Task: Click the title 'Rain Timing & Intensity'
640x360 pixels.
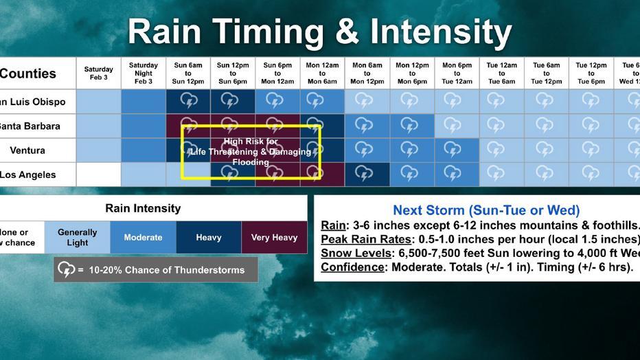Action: (x=319, y=32)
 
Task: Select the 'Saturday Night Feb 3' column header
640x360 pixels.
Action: (x=144, y=73)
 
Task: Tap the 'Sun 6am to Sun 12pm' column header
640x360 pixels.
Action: (x=188, y=73)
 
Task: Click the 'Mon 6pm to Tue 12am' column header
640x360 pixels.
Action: (x=457, y=73)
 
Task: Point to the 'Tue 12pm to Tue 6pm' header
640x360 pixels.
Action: (x=591, y=73)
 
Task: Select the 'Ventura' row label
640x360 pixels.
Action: (x=27, y=150)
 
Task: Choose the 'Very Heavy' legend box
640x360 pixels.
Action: (x=274, y=238)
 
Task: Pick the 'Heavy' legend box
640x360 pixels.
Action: (x=209, y=238)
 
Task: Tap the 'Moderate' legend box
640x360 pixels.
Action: (x=144, y=238)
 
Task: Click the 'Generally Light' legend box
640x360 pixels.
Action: (x=78, y=238)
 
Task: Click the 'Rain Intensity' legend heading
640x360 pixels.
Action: (x=143, y=208)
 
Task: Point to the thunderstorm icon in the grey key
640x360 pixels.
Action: (x=66, y=269)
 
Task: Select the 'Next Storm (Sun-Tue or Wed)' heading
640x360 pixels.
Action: (x=485, y=210)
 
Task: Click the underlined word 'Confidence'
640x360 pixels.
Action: (x=352, y=267)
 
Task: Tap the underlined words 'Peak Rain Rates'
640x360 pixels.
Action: (x=365, y=239)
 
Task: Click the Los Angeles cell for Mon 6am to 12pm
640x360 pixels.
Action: (x=367, y=175)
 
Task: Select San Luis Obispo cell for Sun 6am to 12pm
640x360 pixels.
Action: (x=188, y=102)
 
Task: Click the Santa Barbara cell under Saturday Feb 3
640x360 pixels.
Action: (x=98, y=126)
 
